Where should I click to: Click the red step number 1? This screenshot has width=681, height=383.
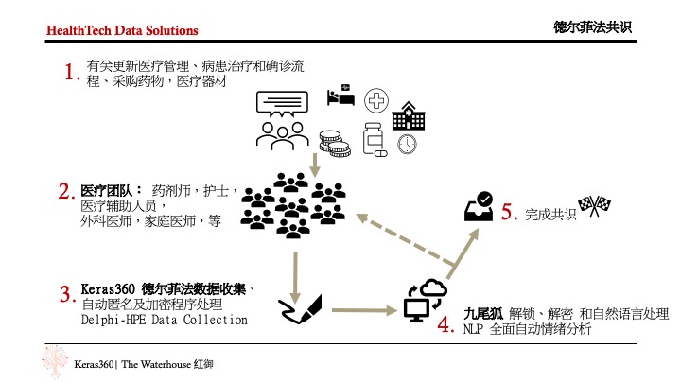coord(67,73)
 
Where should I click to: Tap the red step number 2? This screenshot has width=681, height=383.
coord(66,192)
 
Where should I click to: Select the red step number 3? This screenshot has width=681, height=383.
coord(66,295)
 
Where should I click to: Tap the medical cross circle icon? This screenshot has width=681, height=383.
coord(378,100)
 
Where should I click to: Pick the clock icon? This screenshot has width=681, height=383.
coord(408,144)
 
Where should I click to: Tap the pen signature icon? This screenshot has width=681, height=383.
coord(301,306)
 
